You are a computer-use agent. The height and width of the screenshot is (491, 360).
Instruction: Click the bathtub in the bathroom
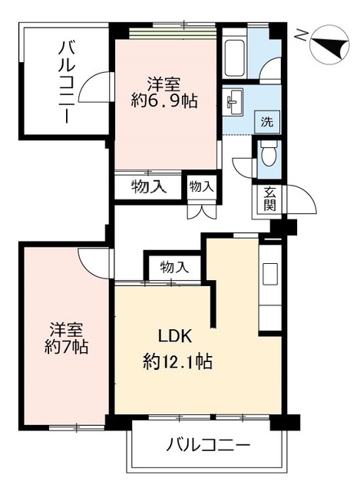234,58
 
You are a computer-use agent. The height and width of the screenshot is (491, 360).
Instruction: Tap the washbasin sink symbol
233,101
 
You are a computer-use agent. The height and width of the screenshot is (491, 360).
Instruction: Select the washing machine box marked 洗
267,121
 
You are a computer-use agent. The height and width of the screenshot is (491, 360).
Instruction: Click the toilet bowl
269,155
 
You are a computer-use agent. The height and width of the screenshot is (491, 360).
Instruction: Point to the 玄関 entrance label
269,198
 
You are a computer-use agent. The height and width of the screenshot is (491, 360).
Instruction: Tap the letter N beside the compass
302,35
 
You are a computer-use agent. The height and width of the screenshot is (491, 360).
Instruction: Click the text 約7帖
67,346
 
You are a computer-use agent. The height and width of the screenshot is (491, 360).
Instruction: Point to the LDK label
175,337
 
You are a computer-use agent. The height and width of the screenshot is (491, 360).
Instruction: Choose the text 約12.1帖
177,361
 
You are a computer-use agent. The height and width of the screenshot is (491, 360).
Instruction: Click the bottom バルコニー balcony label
208,445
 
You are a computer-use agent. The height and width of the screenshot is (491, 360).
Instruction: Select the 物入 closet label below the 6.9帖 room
148,187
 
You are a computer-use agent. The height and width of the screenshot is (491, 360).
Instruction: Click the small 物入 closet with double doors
201,187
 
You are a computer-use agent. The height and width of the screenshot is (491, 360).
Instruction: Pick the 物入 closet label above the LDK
174,267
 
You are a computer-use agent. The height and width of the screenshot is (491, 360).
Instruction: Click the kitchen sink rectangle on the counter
270,274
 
